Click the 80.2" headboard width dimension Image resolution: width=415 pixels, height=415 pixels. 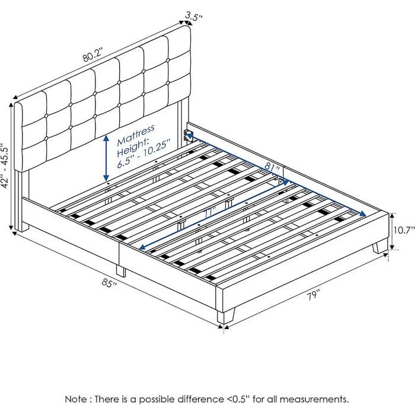coord(92,55)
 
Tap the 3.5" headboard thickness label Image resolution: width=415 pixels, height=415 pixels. coord(193,16)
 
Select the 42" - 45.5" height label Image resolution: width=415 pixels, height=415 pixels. coord(6,166)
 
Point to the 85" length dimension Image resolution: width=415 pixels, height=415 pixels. coord(109,283)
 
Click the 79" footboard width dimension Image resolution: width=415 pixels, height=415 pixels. coord(314,295)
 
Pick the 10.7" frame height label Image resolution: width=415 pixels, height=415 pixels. coord(403,230)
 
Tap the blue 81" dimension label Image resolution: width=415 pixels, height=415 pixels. coord(272,167)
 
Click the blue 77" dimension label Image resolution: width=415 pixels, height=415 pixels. coord(210,212)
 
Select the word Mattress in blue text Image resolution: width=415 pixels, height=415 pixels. coord(136,135)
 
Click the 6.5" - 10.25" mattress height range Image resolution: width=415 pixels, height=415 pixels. coord(143,154)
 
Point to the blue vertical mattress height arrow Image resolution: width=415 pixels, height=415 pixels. coord(106,158)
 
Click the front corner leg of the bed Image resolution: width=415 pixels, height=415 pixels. coord(225,315)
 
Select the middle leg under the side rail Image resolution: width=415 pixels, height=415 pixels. coord(121,271)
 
